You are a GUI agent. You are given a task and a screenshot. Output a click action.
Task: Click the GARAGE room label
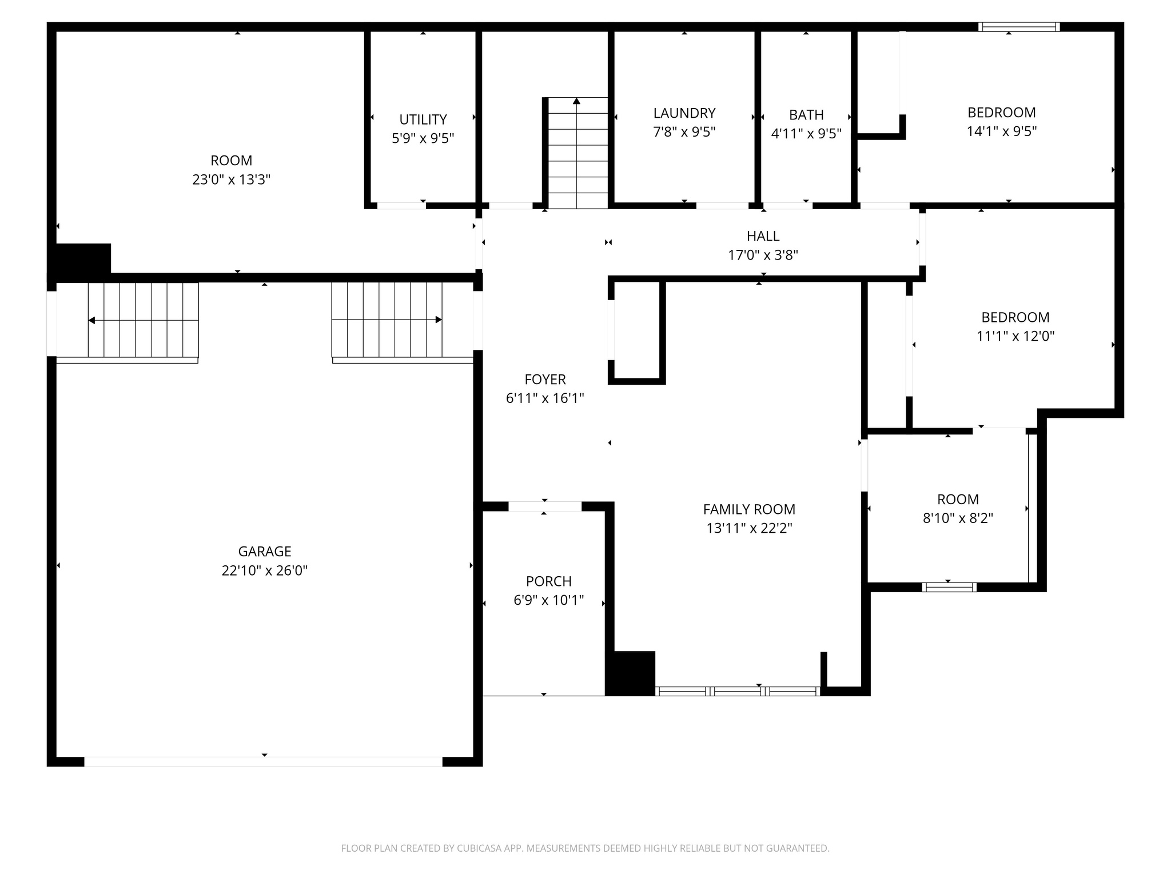(264, 552)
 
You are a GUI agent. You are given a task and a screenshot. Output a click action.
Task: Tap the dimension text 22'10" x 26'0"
(264, 570)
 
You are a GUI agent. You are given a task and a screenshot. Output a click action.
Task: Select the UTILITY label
(423, 119)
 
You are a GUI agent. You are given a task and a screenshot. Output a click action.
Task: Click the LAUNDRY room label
(684, 113)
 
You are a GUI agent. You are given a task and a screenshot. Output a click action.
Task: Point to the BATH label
(806, 115)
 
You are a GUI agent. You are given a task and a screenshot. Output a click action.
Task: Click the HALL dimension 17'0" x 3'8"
(763, 255)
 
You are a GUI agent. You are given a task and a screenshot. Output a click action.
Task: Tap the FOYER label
(545, 380)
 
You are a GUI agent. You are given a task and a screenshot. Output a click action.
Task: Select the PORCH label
(548, 581)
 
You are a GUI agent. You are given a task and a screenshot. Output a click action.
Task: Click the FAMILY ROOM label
(749, 509)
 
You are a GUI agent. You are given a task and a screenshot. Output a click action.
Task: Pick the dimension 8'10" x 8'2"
(958, 518)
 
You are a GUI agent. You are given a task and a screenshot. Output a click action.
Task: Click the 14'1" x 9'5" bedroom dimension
(1001, 131)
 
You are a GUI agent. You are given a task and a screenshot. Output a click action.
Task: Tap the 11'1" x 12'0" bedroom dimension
(1015, 336)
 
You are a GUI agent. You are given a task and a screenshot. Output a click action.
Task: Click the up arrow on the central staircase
(576, 102)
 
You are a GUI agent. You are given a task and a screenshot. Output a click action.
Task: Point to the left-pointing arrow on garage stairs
(92, 320)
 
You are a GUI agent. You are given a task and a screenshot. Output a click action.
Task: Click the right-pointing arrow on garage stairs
(438, 320)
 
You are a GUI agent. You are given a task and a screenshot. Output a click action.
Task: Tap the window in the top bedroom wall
(1018, 27)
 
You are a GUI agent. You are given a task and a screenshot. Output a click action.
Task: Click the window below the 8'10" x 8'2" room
(949, 587)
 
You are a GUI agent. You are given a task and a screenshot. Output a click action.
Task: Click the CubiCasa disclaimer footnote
(585, 848)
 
